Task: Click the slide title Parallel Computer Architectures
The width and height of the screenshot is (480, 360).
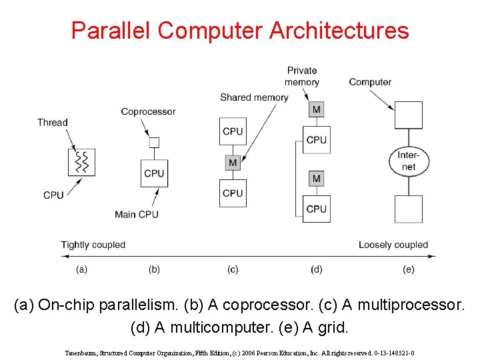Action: pos(240,30)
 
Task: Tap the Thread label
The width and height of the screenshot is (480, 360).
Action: pos(53,122)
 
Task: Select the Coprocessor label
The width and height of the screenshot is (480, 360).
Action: pos(148,111)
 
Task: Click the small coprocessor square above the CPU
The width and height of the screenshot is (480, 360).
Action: pos(154,142)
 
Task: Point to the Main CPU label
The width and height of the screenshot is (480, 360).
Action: pos(137,214)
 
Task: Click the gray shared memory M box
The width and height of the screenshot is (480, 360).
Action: pos(233,163)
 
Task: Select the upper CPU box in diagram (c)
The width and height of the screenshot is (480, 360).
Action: pos(233,131)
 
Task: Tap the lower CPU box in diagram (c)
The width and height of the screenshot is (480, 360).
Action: pos(233,193)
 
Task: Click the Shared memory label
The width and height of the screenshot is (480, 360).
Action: pos(254,97)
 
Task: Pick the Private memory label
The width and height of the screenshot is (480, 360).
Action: pos(302,76)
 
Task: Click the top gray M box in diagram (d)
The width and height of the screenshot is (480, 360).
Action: pos(316,109)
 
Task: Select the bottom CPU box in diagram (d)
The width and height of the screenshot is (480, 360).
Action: pos(316,209)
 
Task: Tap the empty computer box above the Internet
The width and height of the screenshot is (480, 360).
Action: pos(409,115)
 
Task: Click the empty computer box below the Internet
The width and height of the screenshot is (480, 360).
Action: pos(409,209)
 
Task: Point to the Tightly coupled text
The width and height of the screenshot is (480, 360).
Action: pos(93,245)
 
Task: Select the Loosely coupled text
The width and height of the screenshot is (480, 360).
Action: pos(393,245)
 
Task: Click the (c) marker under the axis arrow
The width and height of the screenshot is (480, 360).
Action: pos(233,269)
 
